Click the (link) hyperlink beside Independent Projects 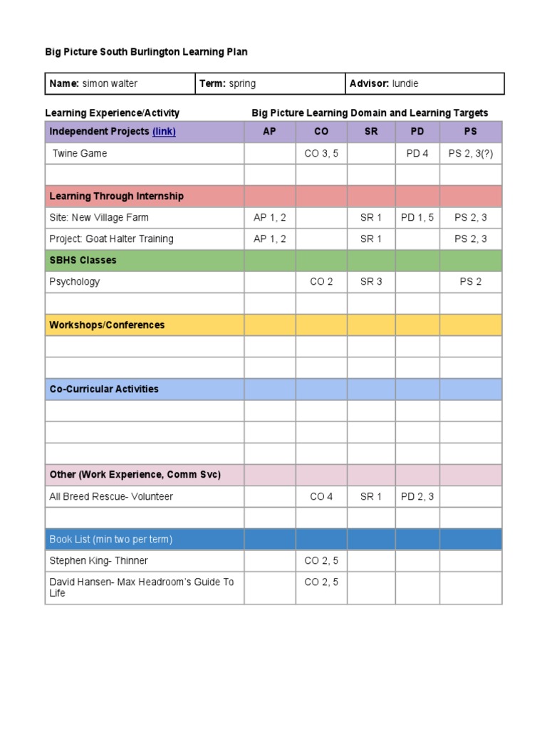[164, 132]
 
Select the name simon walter [110, 84]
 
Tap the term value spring [242, 84]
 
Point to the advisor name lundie [405, 84]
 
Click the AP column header [269, 132]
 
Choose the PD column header [417, 132]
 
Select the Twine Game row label [80, 153]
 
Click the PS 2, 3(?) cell [471, 153]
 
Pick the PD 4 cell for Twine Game [417, 153]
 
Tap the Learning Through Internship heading [116, 196]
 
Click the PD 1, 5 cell [417, 217]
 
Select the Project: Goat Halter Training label [111, 238]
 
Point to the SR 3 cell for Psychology [371, 281]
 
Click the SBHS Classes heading [83, 260]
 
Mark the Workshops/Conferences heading [107, 325]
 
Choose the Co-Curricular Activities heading [104, 389]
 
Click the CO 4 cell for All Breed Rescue [321, 496]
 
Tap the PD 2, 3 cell [417, 496]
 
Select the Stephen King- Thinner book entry [98, 560]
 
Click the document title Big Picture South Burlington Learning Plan [146, 52]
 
